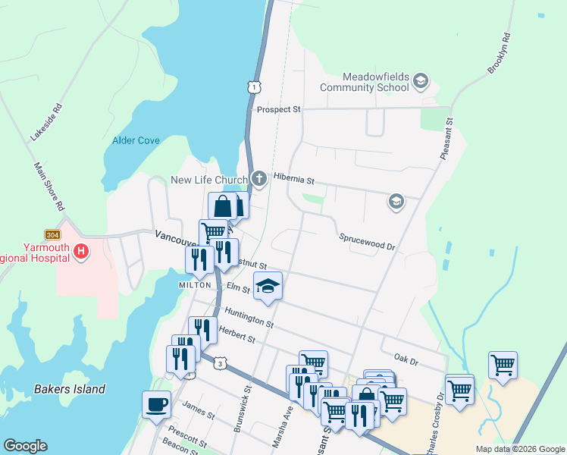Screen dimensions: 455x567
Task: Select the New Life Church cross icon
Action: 259,180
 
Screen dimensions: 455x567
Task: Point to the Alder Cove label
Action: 135,140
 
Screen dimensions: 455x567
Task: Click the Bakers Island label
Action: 70,390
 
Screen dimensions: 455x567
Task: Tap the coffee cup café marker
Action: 157,403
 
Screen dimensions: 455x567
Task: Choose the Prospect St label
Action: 278,109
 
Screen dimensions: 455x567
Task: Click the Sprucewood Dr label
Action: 367,246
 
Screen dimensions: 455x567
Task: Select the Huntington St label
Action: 249,318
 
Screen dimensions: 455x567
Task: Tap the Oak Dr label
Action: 406,356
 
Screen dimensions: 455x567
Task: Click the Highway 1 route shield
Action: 254,88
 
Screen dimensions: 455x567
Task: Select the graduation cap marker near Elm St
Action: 268,286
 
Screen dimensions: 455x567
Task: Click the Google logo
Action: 25,446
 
